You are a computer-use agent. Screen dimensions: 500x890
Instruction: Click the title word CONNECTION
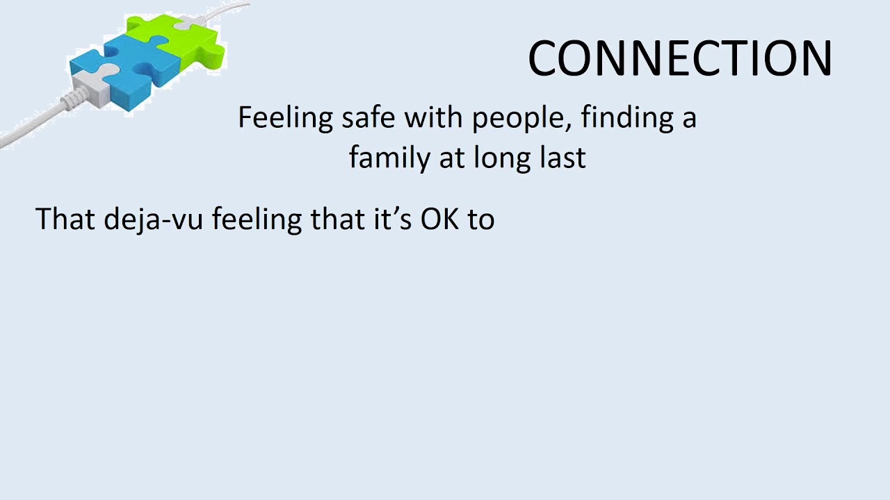pos(679,58)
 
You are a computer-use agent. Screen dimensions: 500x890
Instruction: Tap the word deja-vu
pos(154,219)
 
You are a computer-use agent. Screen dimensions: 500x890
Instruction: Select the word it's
pos(391,219)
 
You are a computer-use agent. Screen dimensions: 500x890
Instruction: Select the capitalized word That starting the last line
pos(65,219)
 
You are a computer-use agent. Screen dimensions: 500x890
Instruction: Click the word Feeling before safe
pos(285,119)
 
